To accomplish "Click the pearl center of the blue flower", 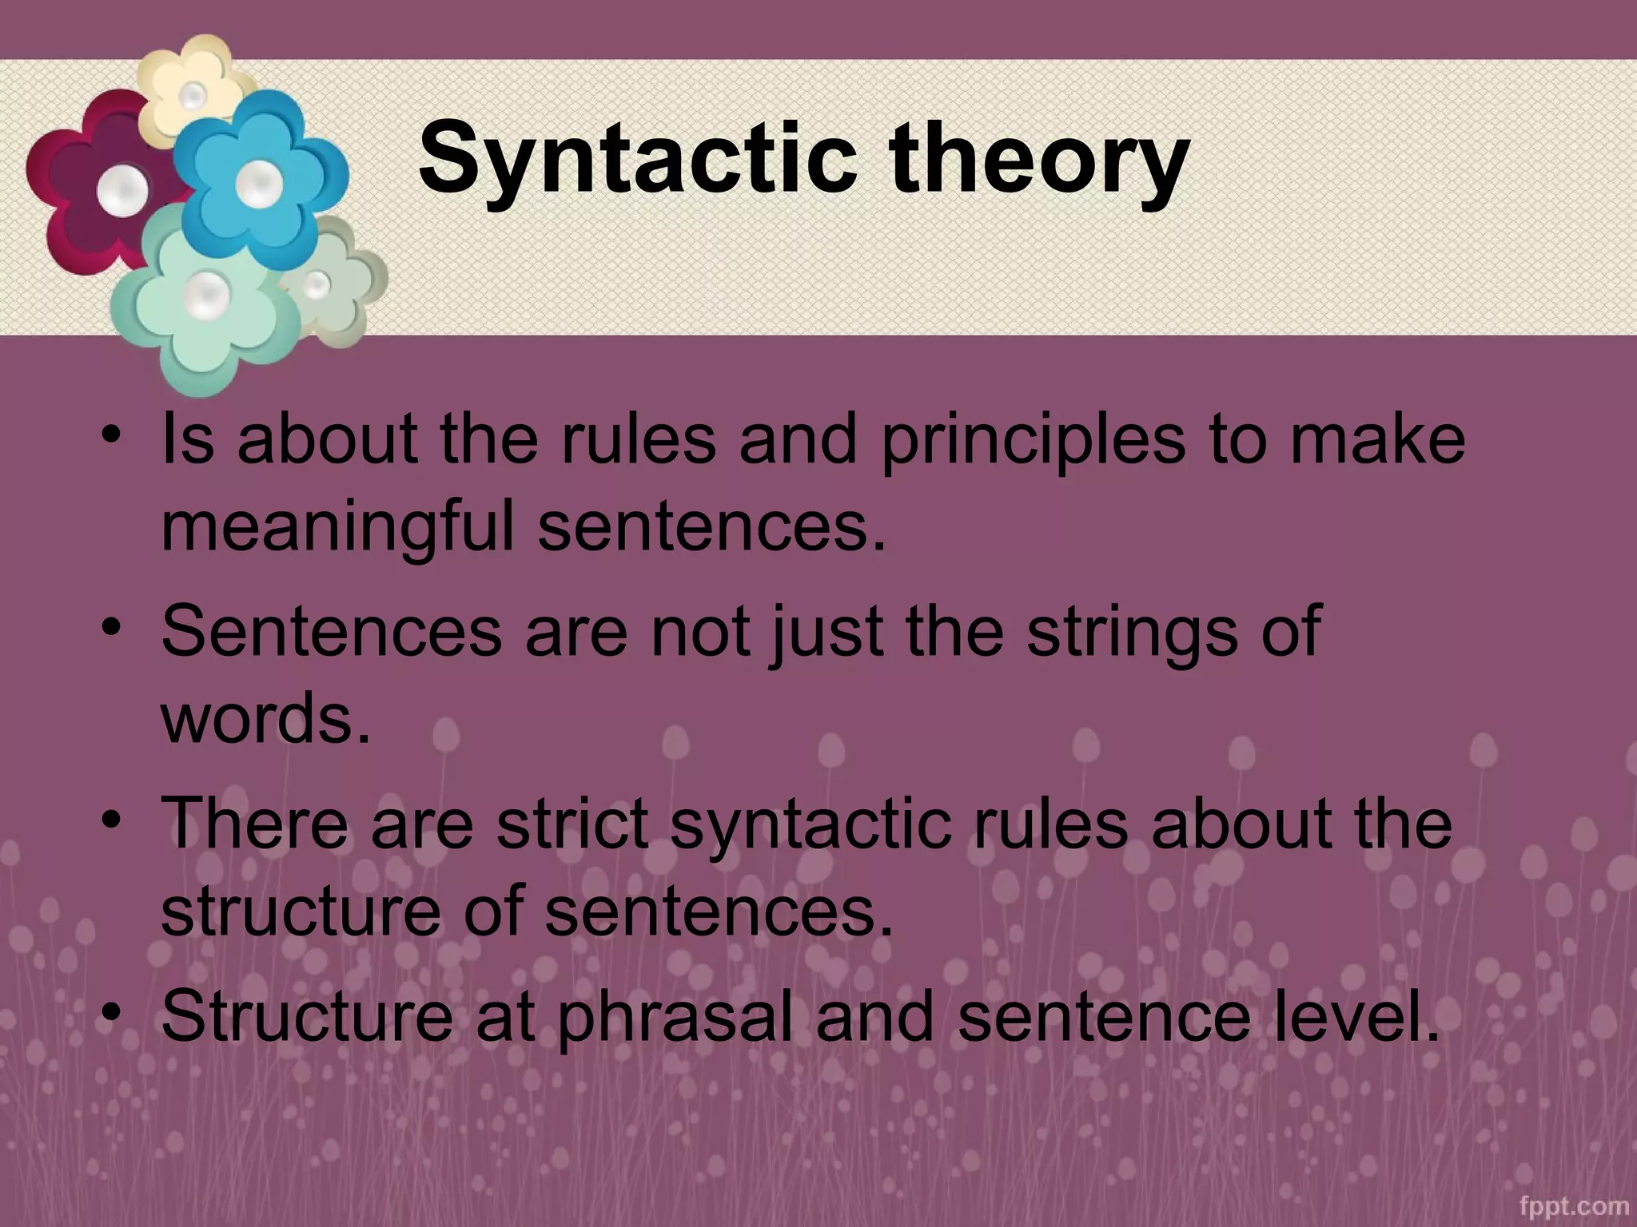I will click(x=258, y=183).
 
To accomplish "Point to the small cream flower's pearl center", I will click(x=193, y=97).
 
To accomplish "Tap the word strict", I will click(x=571, y=824).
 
